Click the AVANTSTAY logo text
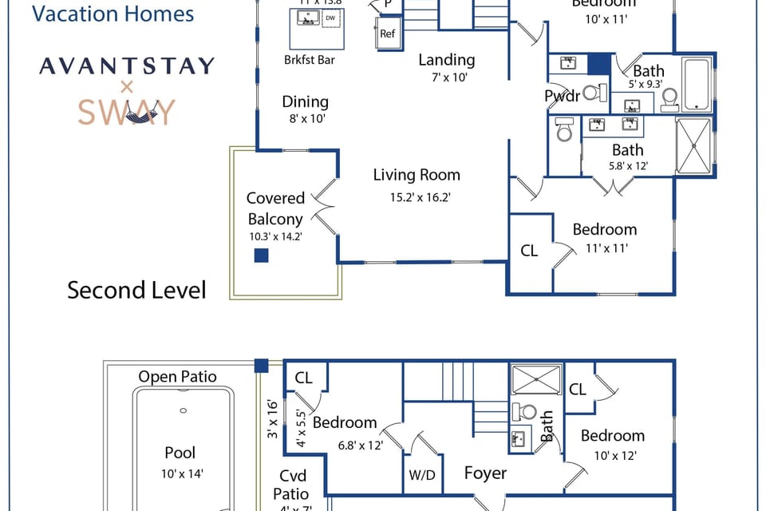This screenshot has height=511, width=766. tap(126, 65)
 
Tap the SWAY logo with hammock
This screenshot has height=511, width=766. tap(126, 111)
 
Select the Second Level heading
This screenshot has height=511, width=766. tap(136, 290)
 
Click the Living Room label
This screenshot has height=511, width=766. tap(417, 175)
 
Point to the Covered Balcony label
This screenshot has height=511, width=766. tap(275, 208)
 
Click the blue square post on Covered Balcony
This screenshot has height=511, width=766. tap(261, 255)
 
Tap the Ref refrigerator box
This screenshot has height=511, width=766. tap(387, 34)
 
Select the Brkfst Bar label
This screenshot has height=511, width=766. tap(310, 60)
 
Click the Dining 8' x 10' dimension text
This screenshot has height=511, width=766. tap(305, 119)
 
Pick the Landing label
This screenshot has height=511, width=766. tap(447, 60)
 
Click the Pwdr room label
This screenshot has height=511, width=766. tap(562, 97)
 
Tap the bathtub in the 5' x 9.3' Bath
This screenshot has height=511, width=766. tap(698, 84)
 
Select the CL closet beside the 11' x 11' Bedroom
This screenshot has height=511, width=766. tap(529, 251)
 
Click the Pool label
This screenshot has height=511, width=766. tap(180, 453)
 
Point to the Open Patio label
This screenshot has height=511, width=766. tap(177, 377)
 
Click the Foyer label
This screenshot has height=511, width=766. tap(485, 473)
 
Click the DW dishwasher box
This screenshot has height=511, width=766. tap(330, 18)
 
